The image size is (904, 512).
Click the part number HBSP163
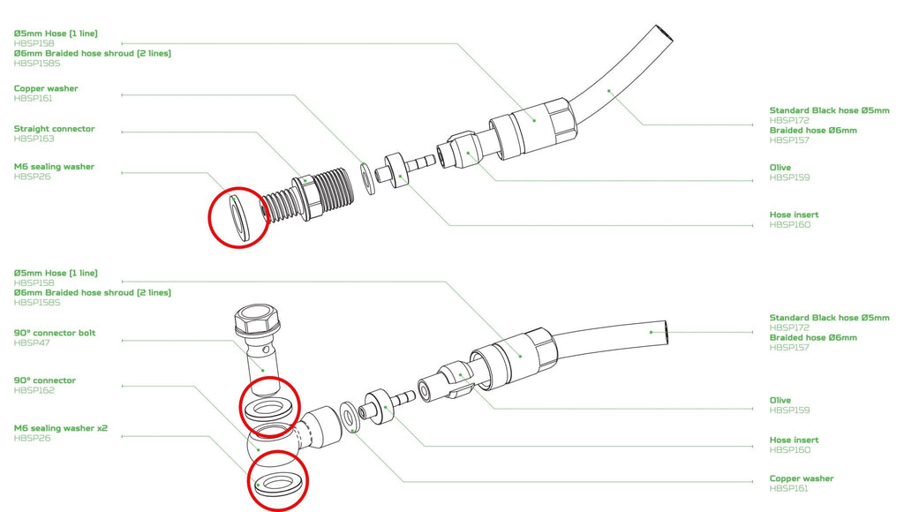34,139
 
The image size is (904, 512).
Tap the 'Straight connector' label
54,129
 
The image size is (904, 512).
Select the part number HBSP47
32,343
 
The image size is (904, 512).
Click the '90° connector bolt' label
55,333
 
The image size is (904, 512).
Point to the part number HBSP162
34,390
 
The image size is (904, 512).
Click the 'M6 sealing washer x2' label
61,428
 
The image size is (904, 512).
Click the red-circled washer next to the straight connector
238,217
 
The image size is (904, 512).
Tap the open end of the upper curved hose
664,34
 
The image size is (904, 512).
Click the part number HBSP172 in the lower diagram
789,328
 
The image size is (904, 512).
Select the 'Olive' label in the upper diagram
780,167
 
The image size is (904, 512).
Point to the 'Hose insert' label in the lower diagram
794,440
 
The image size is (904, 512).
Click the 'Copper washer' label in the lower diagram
802,478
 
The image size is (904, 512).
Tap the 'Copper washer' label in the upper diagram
46,88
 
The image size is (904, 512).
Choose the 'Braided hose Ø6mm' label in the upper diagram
813,131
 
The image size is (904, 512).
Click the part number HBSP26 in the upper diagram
33,177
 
